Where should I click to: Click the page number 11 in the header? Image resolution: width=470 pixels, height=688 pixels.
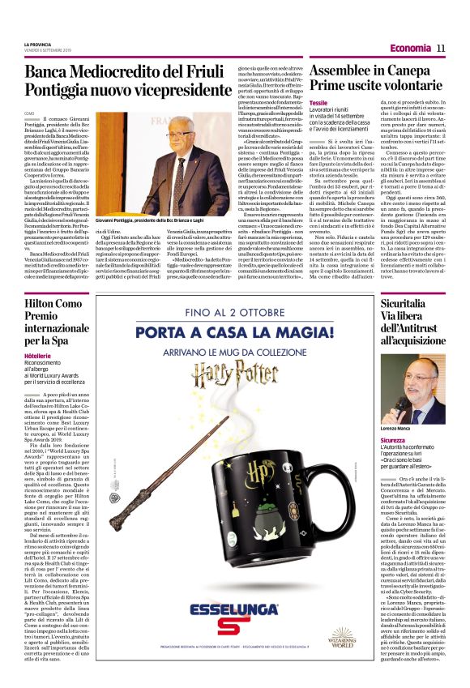[x=441, y=48]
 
